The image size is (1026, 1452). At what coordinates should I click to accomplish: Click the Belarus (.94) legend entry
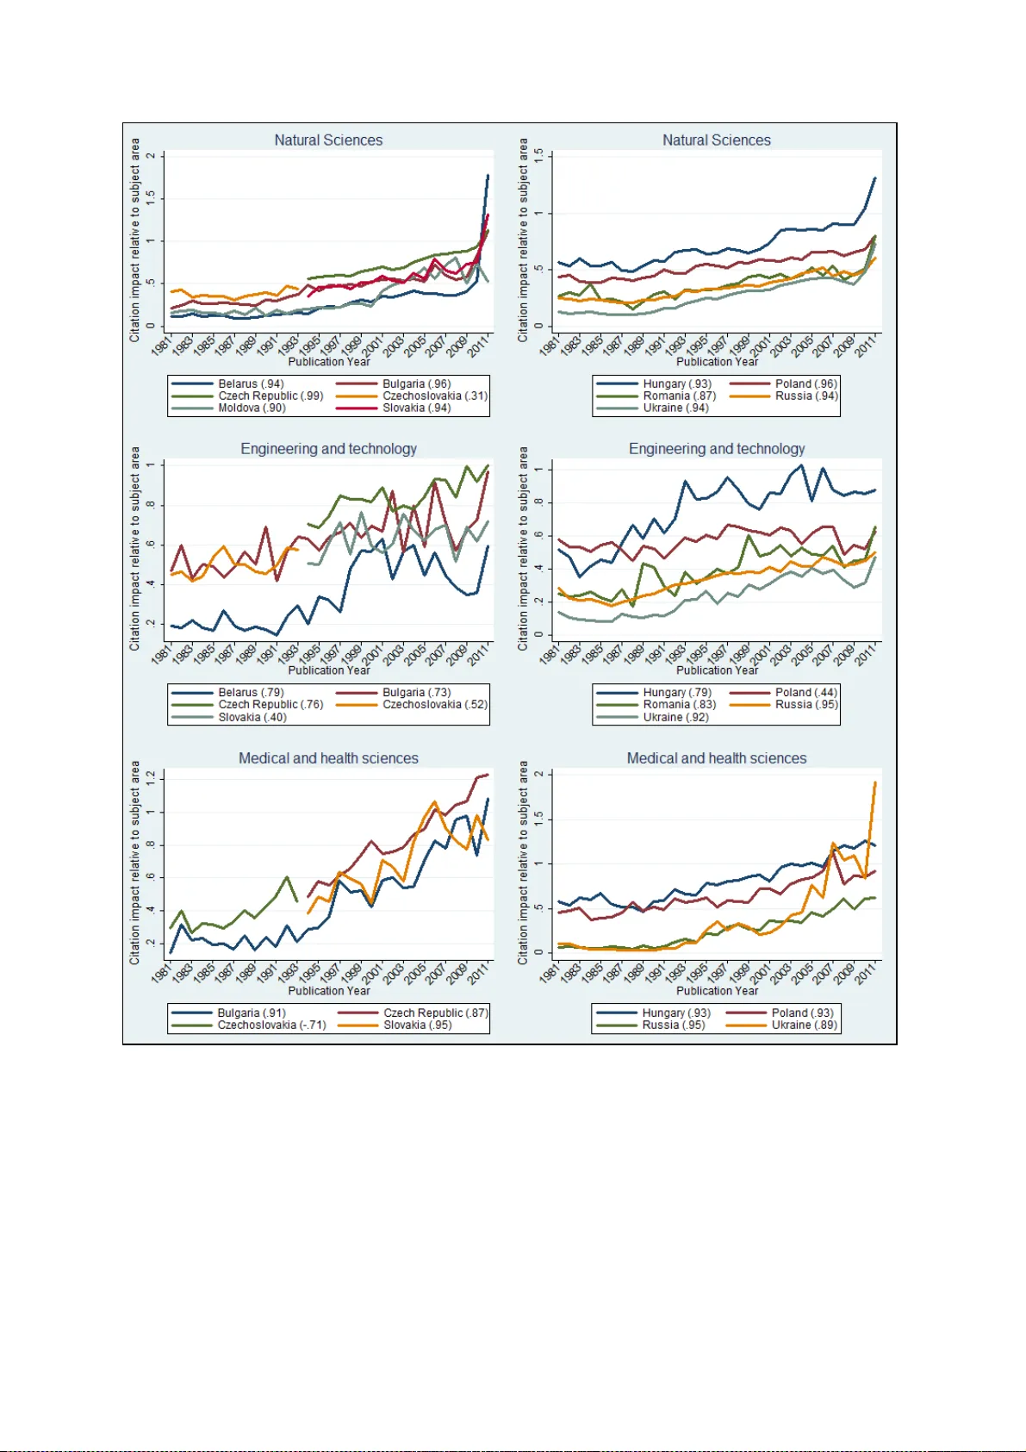click(x=250, y=383)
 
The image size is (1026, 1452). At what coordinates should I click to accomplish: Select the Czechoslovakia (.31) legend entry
click(x=434, y=396)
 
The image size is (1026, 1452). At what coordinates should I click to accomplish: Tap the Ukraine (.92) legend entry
click(x=675, y=717)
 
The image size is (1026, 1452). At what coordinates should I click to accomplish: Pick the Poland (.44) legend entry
click(x=805, y=692)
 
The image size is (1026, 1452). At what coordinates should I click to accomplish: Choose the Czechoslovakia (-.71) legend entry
click(x=271, y=1025)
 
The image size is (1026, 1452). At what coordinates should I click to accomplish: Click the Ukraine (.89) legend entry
click(x=804, y=1025)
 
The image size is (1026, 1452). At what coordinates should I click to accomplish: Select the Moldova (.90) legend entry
click(x=252, y=408)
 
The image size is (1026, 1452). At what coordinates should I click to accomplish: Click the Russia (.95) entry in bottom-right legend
click(x=673, y=1025)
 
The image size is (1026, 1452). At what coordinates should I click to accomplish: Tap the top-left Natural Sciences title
click(x=328, y=140)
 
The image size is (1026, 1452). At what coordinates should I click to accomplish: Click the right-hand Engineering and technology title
click(x=717, y=449)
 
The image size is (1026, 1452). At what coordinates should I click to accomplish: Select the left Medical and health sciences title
click(x=328, y=758)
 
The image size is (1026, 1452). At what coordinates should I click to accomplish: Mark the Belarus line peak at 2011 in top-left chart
click(x=488, y=176)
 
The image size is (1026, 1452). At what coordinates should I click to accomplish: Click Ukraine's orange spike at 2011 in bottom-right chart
click(x=875, y=782)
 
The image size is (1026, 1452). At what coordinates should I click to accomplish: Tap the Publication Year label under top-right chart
click(x=717, y=362)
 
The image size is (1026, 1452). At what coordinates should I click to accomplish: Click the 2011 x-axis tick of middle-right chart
click(x=866, y=654)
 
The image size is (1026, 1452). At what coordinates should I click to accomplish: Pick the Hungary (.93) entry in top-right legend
click(x=676, y=383)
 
